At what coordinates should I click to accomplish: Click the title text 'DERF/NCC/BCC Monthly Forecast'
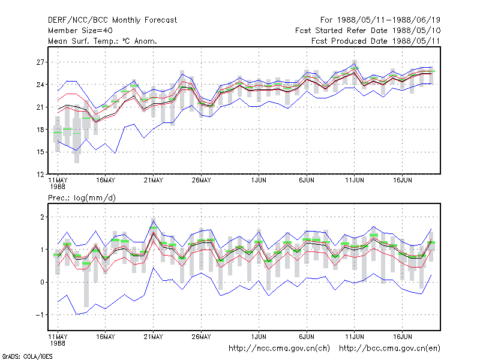pyautogui.click(x=112, y=20)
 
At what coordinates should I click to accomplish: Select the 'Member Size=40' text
pyautogui.click(x=80, y=31)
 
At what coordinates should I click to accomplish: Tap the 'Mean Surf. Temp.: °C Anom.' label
pyautogui.click(x=103, y=41)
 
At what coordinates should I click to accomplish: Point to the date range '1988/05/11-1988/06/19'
pyautogui.click(x=388, y=20)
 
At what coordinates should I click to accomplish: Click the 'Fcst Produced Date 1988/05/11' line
pyautogui.click(x=376, y=41)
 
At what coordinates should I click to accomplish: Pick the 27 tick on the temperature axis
pyautogui.click(x=40, y=62)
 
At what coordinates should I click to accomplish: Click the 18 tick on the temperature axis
pyautogui.click(x=40, y=130)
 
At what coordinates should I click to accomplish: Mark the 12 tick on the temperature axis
pyautogui.click(x=40, y=175)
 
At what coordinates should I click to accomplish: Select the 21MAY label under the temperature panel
pyautogui.click(x=154, y=181)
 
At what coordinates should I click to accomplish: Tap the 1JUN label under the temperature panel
pyautogui.click(x=259, y=181)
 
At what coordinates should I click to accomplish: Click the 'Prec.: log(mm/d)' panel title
pyautogui.click(x=82, y=198)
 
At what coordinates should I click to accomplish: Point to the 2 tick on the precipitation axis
pyautogui.click(x=42, y=217)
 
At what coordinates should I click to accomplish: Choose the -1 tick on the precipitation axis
pyautogui.click(x=40, y=315)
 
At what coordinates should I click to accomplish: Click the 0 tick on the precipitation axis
pyautogui.click(x=42, y=282)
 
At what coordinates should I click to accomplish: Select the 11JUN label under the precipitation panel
pyautogui.click(x=355, y=337)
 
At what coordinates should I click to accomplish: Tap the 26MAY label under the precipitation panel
pyautogui.click(x=201, y=337)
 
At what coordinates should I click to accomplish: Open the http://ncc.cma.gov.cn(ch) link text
pyautogui.click(x=279, y=349)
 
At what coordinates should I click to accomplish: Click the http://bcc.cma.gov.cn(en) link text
pyautogui.click(x=389, y=349)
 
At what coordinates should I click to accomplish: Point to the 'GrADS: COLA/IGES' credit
pyautogui.click(x=27, y=356)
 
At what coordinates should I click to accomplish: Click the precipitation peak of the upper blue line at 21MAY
pyautogui.click(x=154, y=221)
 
